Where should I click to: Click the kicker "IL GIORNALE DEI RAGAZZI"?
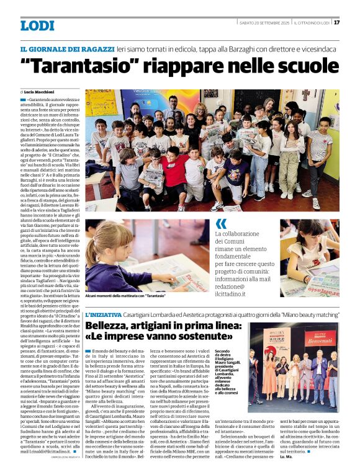[67, 48]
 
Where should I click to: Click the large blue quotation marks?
[221, 224]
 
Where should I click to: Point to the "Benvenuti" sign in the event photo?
[320, 340]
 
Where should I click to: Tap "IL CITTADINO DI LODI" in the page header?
[312, 23]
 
